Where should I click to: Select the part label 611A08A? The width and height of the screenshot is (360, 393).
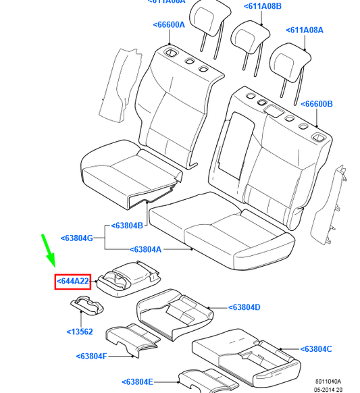click(305, 30)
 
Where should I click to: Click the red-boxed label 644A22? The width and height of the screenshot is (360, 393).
click(72, 281)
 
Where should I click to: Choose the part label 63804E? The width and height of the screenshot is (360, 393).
click(138, 382)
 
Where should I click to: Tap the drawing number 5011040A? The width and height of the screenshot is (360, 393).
click(328, 381)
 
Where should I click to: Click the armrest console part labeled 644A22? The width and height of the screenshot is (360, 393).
click(128, 276)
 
